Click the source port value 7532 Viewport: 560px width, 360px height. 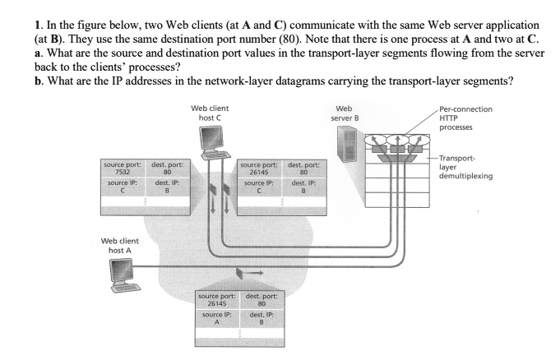click(x=121, y=173)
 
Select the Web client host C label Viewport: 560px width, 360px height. click(x=211, y=113)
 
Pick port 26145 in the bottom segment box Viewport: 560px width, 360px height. click(x=217, y=302)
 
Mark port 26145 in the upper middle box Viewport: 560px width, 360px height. click(x=258, y=173)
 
